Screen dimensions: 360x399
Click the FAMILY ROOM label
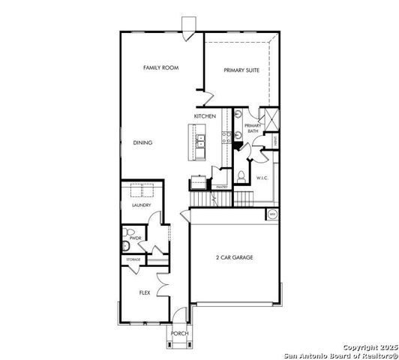[x=160, y=67]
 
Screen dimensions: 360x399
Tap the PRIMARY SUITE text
[x=242, y=70]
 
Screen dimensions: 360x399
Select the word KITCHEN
[x=205, y=116]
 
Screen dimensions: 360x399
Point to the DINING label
[x=142, y=142]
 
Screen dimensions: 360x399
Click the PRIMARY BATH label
[x=251, y=128]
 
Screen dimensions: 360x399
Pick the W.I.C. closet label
[x=262, y=178]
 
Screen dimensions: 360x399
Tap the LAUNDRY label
[x=141, y=205]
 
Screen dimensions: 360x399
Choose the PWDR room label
[x=135, y=238]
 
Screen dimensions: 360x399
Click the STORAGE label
[x=133, y=259]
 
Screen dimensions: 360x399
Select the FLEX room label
[x=145, y=293]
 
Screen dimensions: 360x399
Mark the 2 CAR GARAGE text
[x=233, y=257]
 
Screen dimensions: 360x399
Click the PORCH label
[x=179, y=333]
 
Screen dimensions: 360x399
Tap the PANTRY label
[x=221, y=186]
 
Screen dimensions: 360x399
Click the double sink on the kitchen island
[x=200, y=142]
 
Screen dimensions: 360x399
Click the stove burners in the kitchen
[x=224, y=136]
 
